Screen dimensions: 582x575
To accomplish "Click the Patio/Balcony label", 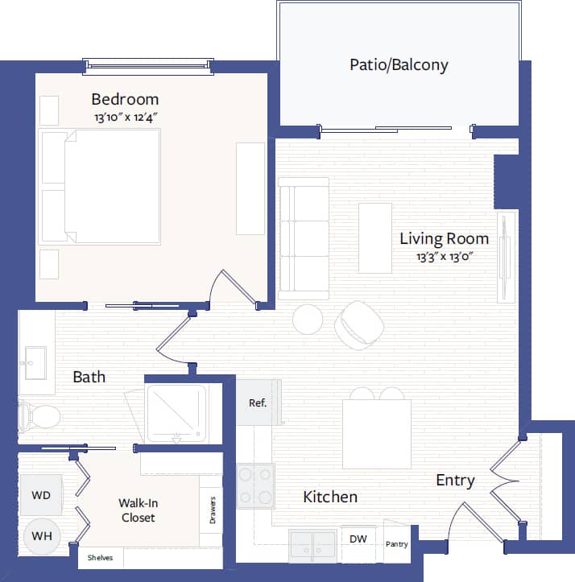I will click(399, 64).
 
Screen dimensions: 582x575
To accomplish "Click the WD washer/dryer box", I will click(40, 495).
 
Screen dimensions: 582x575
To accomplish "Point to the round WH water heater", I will click(40, 535).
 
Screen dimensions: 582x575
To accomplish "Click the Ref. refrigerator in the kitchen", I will click(257, 402).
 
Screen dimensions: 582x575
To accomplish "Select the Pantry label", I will click(396, 544).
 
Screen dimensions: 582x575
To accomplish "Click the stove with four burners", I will click(255, 485).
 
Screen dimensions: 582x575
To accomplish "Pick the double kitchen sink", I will click(312, 544).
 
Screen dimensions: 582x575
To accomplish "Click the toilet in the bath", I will click(40, 416).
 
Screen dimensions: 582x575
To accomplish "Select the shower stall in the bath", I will click(176, 413).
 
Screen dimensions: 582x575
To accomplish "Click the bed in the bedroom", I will click(101, 186).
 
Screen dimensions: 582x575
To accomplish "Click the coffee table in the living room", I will click(374, 237).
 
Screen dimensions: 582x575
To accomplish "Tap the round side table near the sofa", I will click(308, 320).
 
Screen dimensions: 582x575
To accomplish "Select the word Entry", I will click(455, 481).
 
